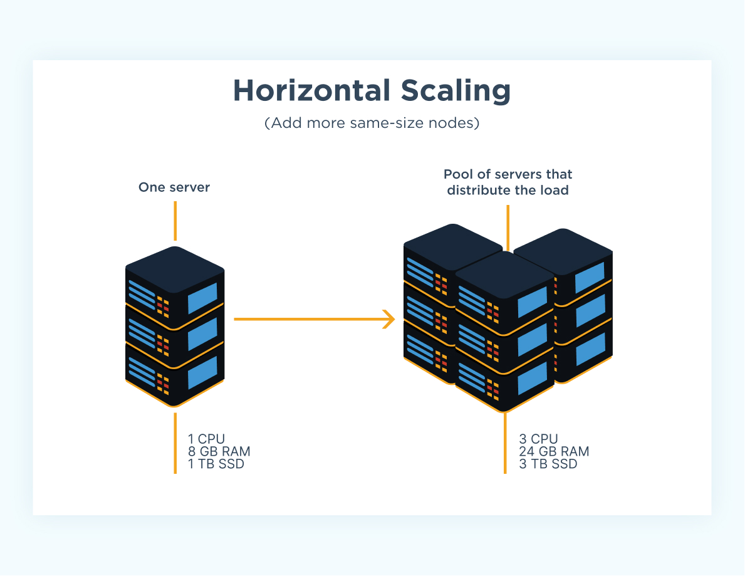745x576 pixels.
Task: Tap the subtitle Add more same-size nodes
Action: [x=372, y=123]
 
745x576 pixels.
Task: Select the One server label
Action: [x=174, y=187]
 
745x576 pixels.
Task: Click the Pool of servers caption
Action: [x=508, y=182]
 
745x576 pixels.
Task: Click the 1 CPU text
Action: [x=206, y=439]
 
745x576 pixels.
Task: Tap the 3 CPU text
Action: [x=538, y=439]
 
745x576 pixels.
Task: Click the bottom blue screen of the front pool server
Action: [x=532, y=378]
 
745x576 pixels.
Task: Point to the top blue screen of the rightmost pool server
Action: [x=590, y=278]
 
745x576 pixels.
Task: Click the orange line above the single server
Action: [x=175, y=221]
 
